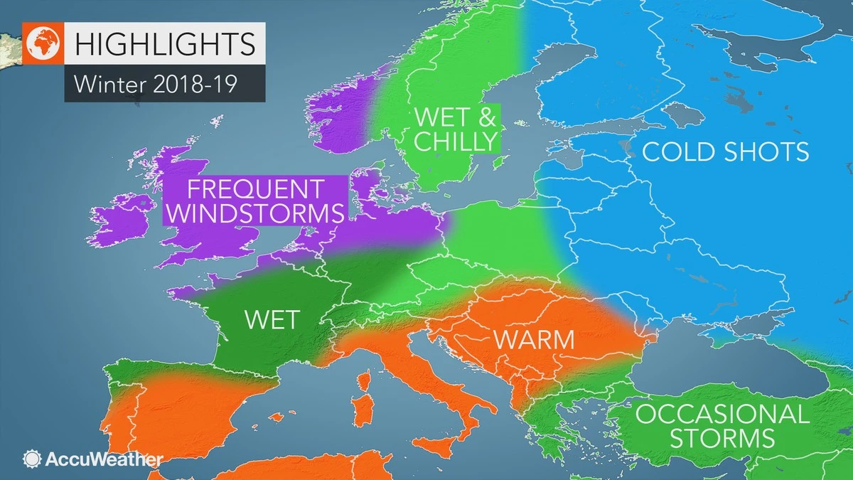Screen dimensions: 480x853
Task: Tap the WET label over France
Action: coord(272,319)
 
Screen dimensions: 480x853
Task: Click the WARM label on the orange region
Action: coord(534,339)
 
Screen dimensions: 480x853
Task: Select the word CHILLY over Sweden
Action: coord(454,141)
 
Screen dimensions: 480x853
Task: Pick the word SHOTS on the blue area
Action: coord(770,151)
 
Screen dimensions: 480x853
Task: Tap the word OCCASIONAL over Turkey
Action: coord(722,414)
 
